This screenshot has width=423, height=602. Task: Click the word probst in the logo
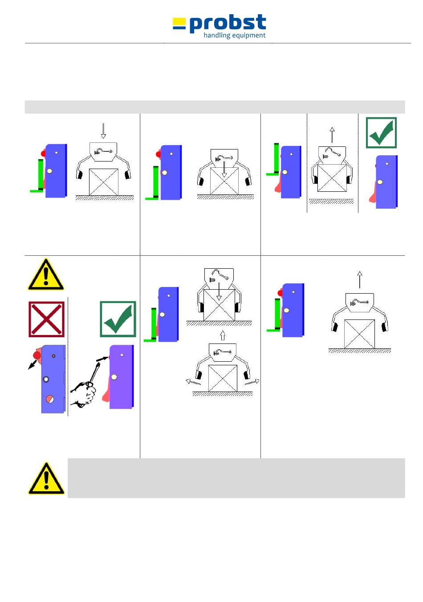coord(228,24)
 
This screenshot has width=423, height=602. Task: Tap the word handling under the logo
coord(217,36)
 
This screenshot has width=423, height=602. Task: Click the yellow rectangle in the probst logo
coord(179,20)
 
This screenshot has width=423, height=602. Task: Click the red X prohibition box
coord(47,319)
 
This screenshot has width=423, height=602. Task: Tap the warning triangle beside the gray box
coord(46,478)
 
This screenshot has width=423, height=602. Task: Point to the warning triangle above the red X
coord(46,275)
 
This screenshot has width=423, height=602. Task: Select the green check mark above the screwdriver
coord(118,319)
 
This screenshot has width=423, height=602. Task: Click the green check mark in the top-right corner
coord(381,133)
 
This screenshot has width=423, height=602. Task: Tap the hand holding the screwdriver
coord(84,394)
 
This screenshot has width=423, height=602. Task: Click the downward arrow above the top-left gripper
coord(103,130)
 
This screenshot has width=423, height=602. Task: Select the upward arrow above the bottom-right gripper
coord(360,279)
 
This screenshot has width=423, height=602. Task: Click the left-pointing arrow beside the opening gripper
coord(193,382)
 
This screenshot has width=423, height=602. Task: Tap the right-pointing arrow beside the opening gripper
coord(252,382)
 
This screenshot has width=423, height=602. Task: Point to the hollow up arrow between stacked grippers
coord(223,335)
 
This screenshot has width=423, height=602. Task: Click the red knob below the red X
coord(37,355)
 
